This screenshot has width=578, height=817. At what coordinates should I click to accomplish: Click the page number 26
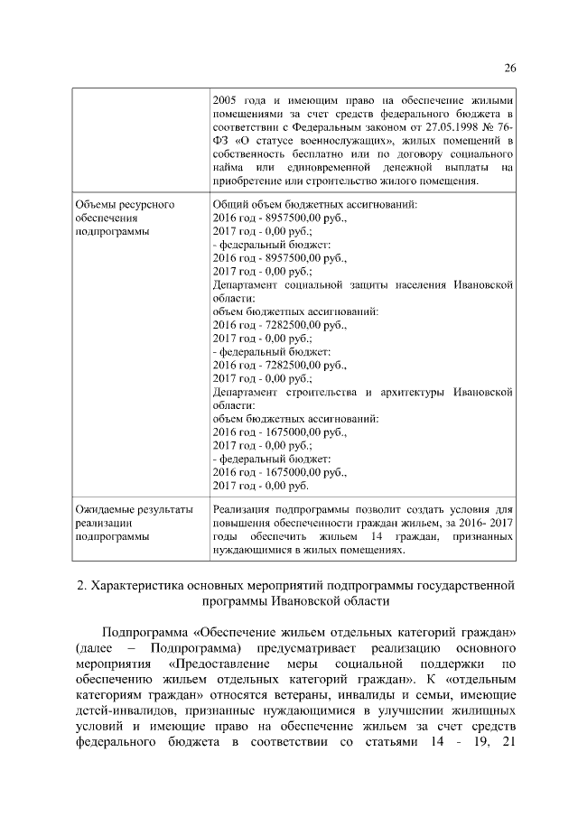[508, 69]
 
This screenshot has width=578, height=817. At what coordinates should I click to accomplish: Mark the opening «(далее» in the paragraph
[97, 648]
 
